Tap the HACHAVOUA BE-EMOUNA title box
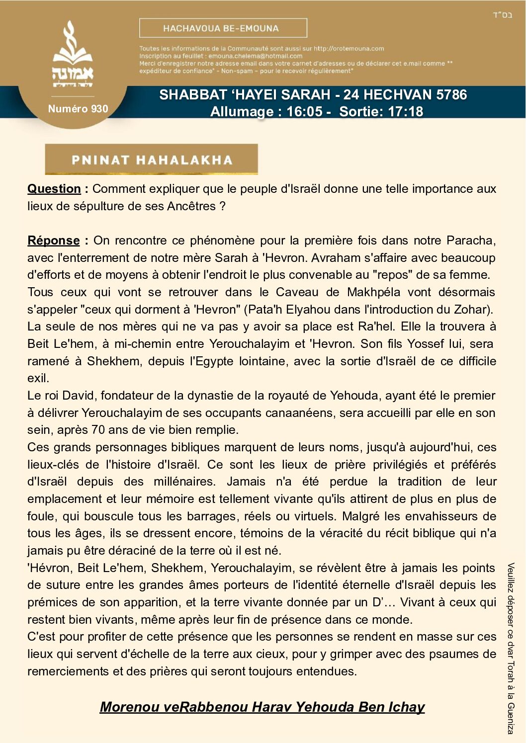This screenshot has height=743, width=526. [223, 28]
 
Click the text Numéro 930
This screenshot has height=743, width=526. [78, 109]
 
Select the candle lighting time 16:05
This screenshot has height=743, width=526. [304, 111]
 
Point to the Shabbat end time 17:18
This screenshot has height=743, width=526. [405, 111]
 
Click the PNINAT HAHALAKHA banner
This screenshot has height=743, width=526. [152, 160]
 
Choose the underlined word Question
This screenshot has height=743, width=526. [54, 189]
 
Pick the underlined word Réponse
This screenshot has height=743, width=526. [54, 241]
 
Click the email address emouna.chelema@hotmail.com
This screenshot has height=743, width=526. [255, 56]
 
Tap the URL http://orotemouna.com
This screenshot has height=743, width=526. [349, 49]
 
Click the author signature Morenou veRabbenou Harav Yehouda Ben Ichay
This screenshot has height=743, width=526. [262, 707]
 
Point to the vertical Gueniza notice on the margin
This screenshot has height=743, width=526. [511, 648]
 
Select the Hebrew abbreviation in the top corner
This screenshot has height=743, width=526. [502, 14]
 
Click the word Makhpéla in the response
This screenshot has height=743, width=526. [373, 292]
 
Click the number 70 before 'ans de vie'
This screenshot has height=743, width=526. [98, 430]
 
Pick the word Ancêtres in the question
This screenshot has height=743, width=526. [191, 206]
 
